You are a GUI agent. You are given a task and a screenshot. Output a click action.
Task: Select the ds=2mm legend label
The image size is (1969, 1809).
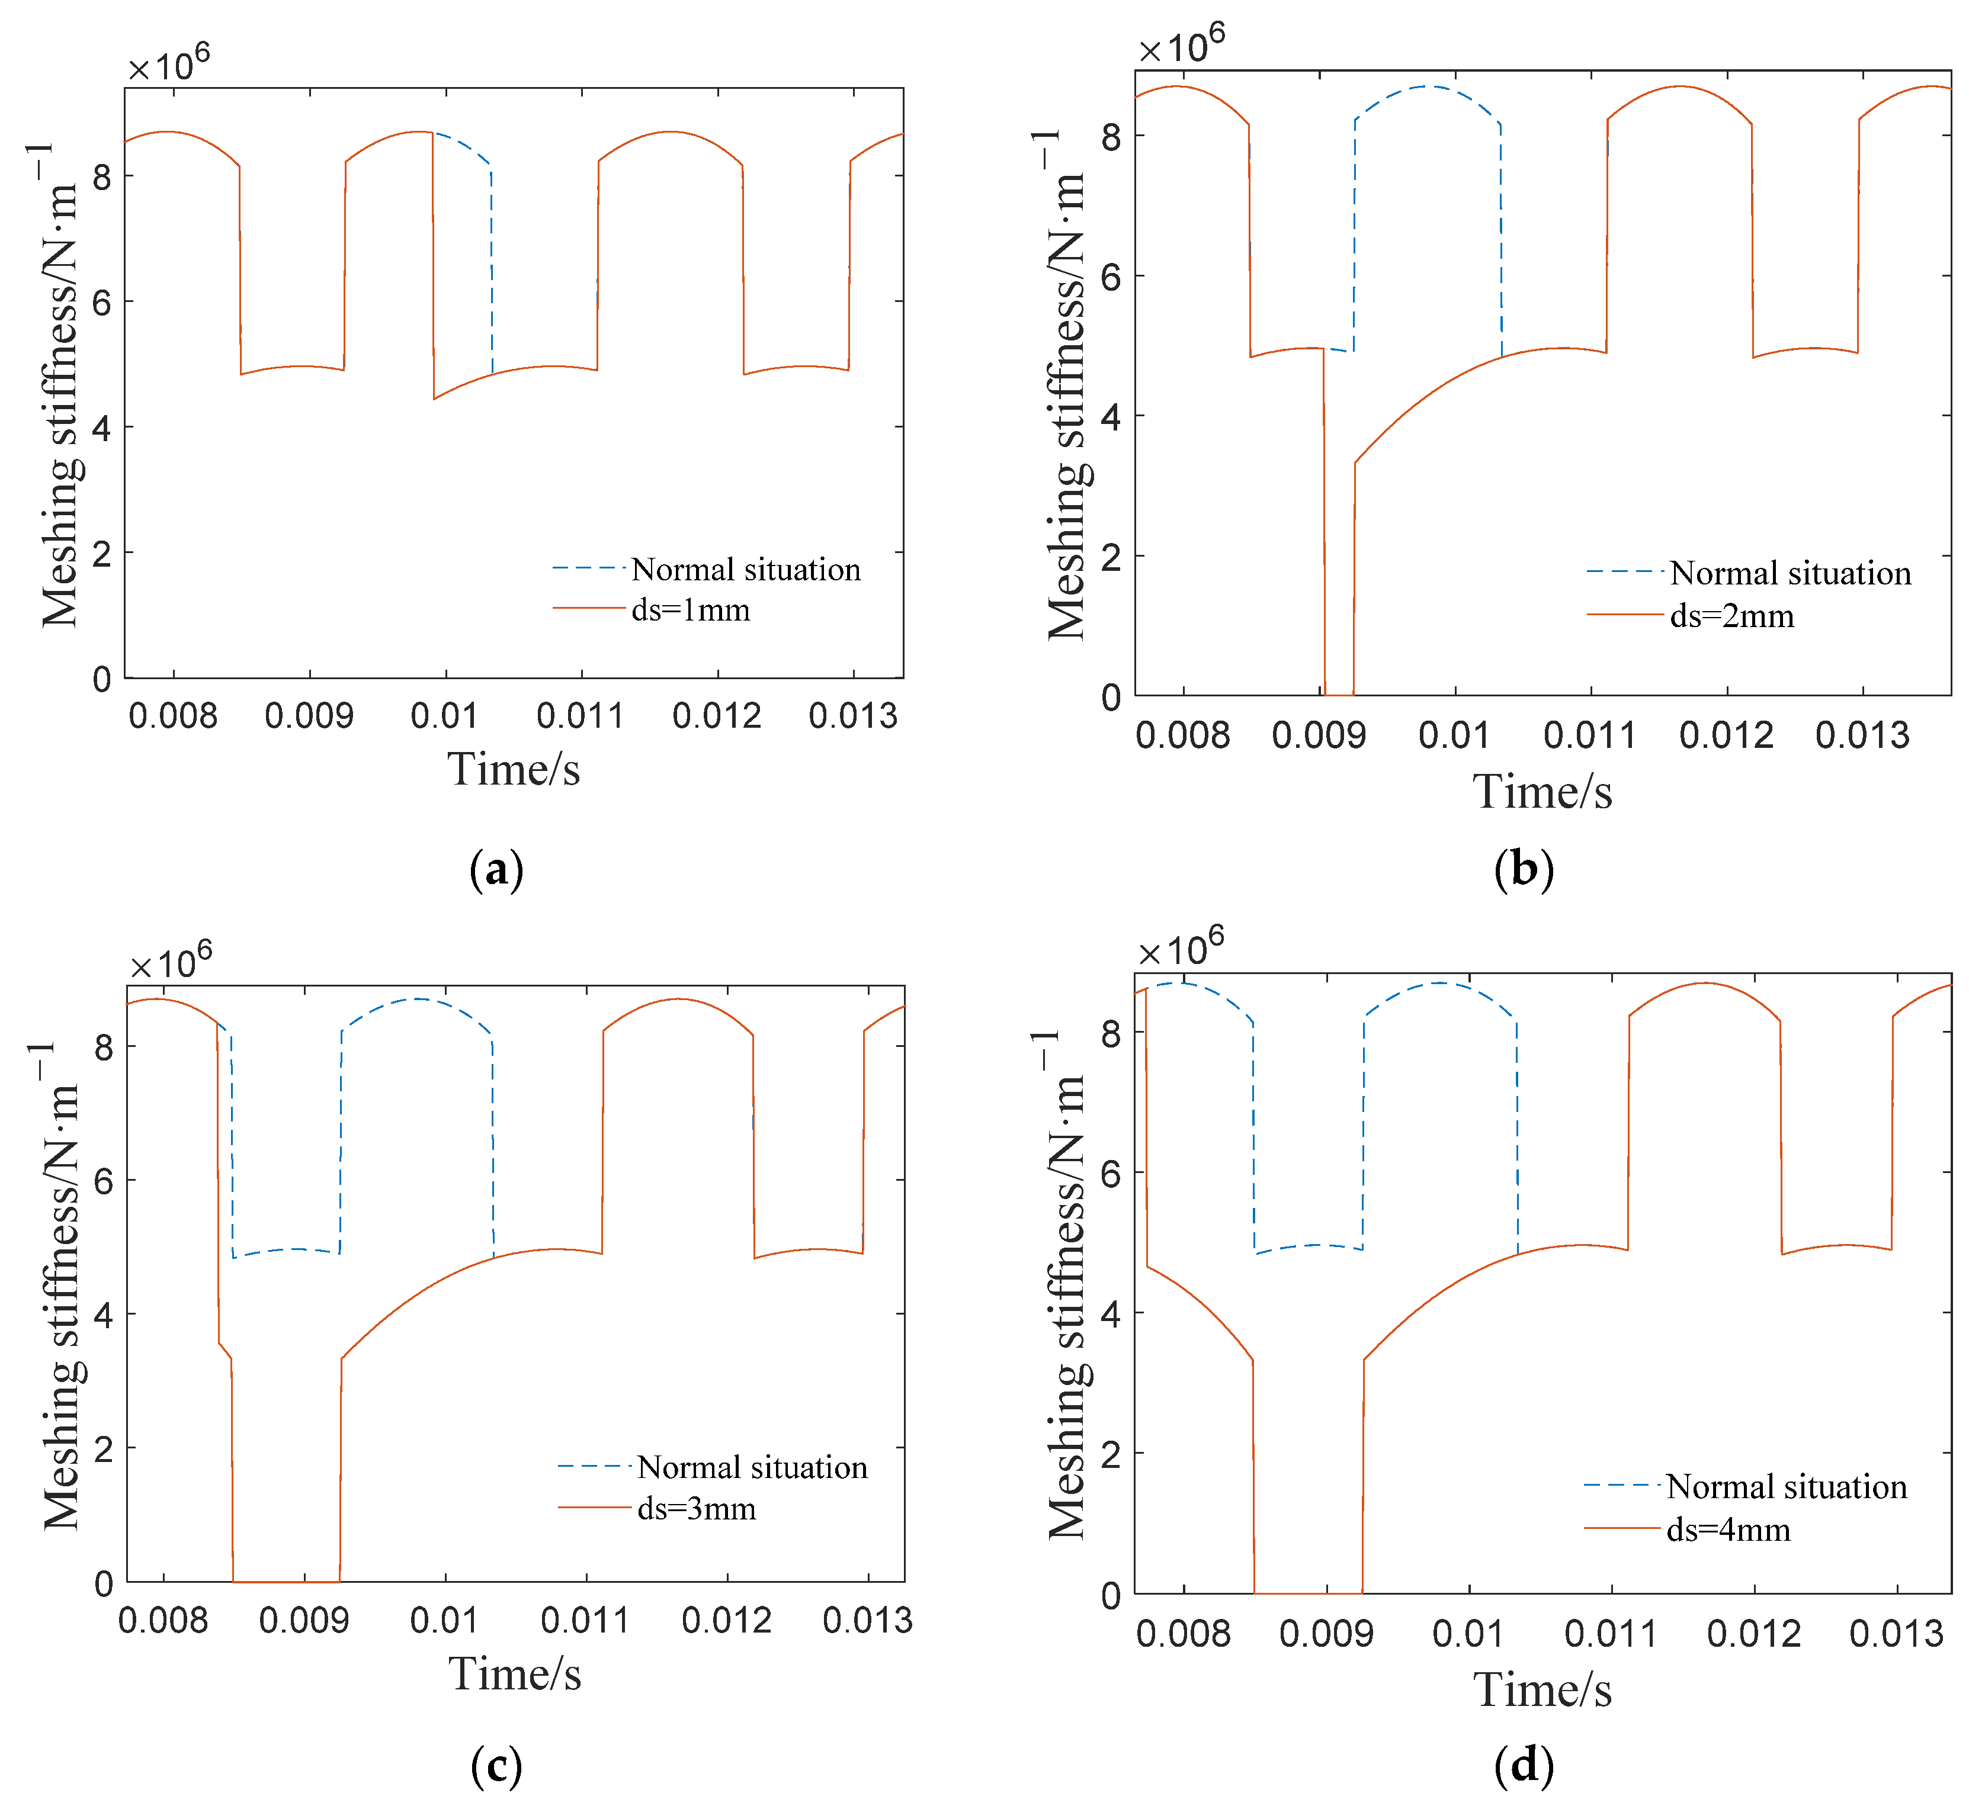1731,616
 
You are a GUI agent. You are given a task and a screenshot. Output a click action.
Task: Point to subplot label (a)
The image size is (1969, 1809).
496,869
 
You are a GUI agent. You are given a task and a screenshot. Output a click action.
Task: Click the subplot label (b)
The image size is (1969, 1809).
1524,869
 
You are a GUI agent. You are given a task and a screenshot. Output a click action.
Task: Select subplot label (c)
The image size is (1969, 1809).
496,1766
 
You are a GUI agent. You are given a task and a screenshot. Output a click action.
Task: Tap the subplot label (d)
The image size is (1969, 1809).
1524,1766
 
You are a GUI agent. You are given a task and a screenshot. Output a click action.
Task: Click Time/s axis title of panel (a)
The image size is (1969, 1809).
514,769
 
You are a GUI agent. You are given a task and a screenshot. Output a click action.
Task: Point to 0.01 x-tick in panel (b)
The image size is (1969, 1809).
1454,735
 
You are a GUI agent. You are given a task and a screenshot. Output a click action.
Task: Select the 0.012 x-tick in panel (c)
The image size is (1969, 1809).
726,1621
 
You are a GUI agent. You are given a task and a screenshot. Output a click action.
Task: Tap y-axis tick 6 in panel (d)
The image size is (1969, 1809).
1110,1174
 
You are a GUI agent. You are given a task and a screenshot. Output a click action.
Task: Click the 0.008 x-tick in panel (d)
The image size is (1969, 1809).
1183,1634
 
